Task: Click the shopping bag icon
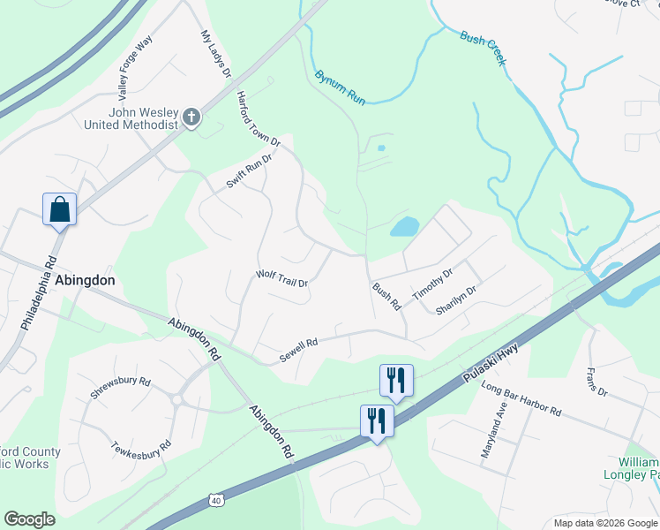click(59, 209)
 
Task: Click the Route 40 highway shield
click(216, 500)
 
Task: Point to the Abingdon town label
click(86, 279)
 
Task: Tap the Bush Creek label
click(483, 49)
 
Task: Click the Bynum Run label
click(340, 87)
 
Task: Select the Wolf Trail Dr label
click(281, 278)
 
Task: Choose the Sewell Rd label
click(298, 343)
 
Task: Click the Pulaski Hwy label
click(491, 365)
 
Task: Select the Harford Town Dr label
click(258, 118)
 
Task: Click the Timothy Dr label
click(431, 284)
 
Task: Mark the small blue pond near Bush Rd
click(404, 226)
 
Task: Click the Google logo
click(29, 519)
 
